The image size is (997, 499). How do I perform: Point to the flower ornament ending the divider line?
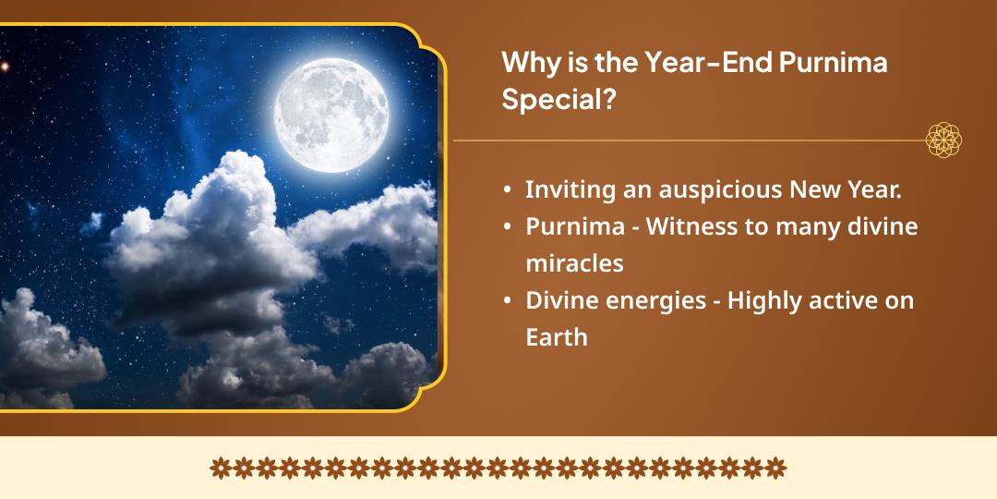(x=943, y=141)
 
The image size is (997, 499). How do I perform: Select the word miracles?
(x=574, y=262)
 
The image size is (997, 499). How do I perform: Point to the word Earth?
(x=556, y=336)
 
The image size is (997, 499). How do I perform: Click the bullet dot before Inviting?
(x=508, y=190)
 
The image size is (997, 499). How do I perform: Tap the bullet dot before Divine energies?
(x=508, y=300)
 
